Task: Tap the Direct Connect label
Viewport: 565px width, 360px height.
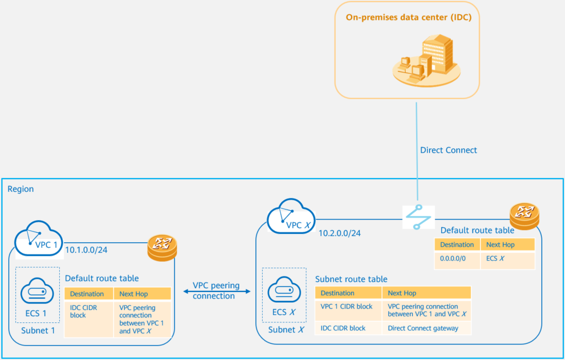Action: point(448,150)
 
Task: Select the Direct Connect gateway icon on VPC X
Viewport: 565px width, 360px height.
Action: point(418,217)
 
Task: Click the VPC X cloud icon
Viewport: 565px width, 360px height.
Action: point(291,220)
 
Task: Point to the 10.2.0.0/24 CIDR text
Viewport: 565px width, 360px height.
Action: point(340,233)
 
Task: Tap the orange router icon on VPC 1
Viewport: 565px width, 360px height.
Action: point(163,248)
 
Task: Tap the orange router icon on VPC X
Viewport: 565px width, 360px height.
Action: point(524,215)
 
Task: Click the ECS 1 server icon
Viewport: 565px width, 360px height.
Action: point(36,291)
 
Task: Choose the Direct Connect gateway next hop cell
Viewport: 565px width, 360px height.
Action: point(423,328)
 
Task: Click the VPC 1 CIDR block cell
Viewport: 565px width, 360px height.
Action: point(347,306)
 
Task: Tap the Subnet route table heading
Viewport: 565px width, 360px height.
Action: point(351,279)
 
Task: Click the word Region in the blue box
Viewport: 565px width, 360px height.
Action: point(20,189)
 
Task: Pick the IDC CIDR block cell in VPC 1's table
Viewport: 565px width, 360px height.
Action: point(82,311)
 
